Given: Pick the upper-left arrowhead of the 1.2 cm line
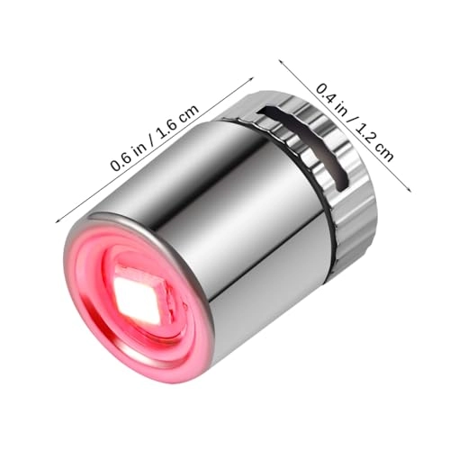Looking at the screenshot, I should pos(281,61).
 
